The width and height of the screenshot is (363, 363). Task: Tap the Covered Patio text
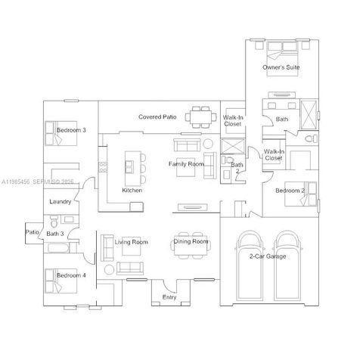157,117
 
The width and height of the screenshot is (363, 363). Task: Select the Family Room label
186,164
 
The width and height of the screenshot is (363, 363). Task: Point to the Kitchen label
132,191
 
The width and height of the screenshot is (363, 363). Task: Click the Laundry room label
60,203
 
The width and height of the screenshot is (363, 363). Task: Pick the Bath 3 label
55,234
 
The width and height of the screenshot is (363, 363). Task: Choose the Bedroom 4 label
71,275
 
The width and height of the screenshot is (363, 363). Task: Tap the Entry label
169,298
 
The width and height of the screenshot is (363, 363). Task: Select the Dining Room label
191,242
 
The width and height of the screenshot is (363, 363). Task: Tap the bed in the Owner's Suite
281,52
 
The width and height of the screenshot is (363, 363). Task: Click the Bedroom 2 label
290,191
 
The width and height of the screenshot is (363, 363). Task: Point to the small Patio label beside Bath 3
32,231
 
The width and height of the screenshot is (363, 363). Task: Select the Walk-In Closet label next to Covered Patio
234,120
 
